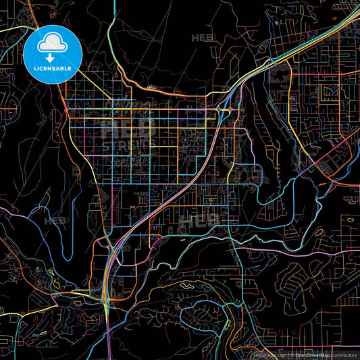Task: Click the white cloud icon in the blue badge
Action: click(x=52, y=44)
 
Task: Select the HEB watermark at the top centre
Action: click(x=201, y=38)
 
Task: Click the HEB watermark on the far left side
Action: click(x=53, y=220)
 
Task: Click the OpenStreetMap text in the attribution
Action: click(x=313, y=354)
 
